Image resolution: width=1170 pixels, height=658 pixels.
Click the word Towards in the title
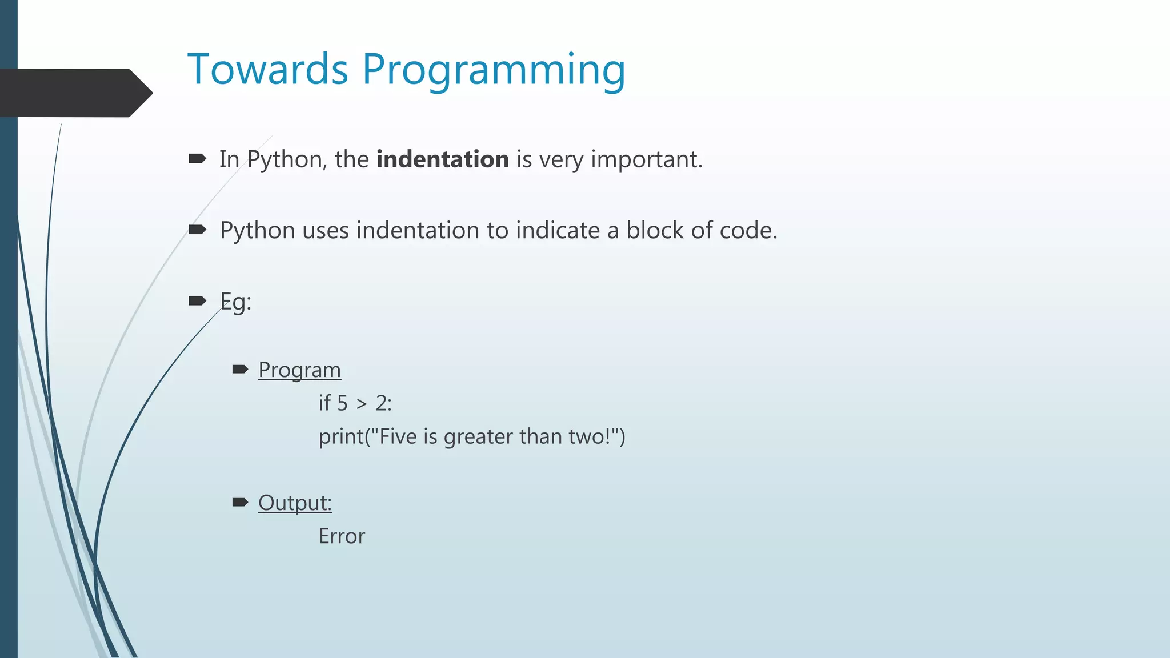click(x=267, y=70)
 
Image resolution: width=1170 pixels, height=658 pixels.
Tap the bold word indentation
click(x=442, y=159)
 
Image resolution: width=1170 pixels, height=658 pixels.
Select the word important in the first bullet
click(x=646, y=160)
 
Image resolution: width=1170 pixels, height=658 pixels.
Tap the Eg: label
click(x=235, y=302)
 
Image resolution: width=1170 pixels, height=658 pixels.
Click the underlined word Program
click(x=299, y=370)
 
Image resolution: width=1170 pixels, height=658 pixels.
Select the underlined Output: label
click(x=295, y=503)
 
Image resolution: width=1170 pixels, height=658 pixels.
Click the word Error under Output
click(x=342, y=536)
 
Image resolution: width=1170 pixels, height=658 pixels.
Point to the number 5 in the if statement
click(x=342, y=404)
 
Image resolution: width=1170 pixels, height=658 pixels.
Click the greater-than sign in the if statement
click(x=362, y=404)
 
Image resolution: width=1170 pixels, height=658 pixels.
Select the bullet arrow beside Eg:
click(x=197, y=300)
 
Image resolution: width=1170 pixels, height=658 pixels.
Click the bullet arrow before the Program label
click(x=240, y=369)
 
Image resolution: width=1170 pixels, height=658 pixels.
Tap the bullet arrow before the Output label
click(x=240, y=502)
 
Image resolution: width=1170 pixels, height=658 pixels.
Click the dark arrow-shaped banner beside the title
click(x=74, y=93)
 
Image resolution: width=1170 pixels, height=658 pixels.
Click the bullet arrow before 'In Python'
click(x=197, y=158)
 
